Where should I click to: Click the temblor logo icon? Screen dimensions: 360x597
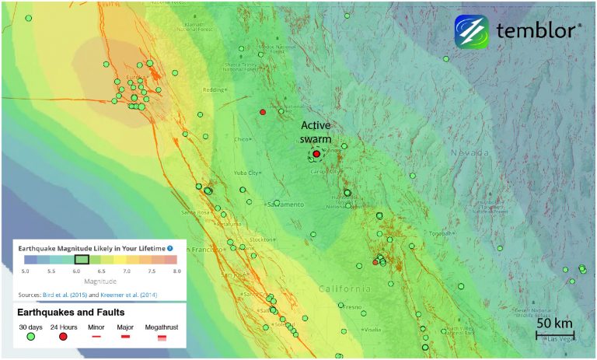472,31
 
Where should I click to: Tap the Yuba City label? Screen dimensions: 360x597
246,173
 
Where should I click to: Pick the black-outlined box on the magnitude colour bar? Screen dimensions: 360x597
81,260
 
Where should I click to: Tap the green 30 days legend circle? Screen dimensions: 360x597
31,337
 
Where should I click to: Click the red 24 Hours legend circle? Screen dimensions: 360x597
63,337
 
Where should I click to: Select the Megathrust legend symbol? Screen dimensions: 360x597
162,337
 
